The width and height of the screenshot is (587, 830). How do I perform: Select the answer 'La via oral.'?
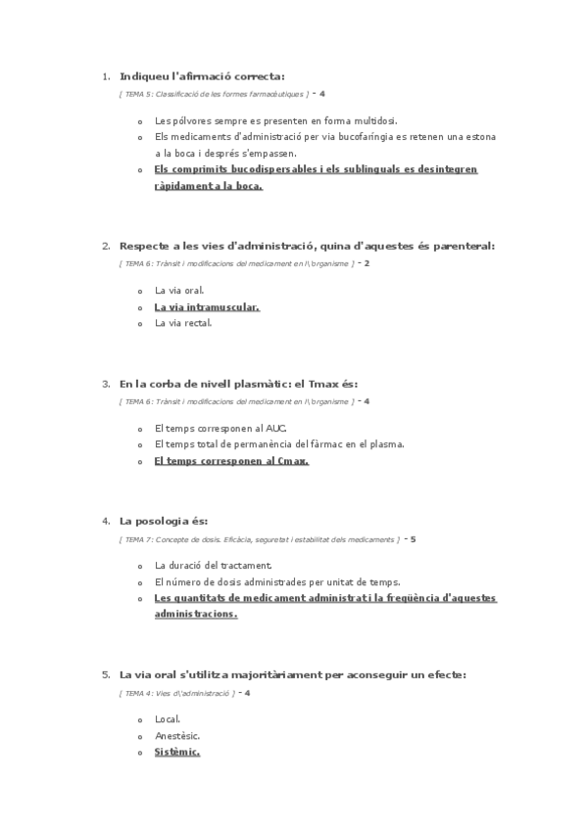(179, 291)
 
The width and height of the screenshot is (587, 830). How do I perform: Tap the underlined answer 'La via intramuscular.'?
(207, 306)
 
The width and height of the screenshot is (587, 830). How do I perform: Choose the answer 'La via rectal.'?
(183, 322)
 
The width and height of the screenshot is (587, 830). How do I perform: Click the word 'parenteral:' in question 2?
(465, 246)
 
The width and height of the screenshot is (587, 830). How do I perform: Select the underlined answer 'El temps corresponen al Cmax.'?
(231, 460)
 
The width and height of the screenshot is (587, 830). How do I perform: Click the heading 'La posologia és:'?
(164, 522)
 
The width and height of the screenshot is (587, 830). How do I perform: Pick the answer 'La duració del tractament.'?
(214, 566)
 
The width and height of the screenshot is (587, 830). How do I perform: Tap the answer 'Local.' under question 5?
(168, 719)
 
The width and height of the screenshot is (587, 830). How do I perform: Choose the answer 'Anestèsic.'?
(177, 735)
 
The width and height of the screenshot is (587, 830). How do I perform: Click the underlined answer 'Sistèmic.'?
(177, 751)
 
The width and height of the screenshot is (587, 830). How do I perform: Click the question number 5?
(106, 674)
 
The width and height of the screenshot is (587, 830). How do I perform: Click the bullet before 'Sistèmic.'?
(141, 752)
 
